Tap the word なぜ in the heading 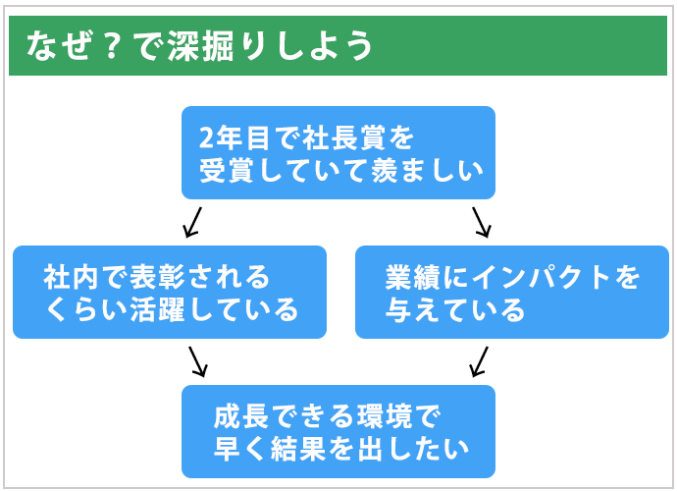pos(59,45)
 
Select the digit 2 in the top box pos(206,138)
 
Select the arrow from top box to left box pos(192,223)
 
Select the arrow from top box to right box pos(482,223)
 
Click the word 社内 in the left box pos(72,278)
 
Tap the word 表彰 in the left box pos(157,278)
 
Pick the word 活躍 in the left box pos(158,310)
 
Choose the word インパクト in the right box pos(541,278)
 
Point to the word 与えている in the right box pos(454,310)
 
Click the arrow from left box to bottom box pos(198,361)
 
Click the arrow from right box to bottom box pos(479,361)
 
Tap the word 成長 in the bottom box pos(241,416)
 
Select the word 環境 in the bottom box pos(384,416)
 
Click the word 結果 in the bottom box pos(298,449)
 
